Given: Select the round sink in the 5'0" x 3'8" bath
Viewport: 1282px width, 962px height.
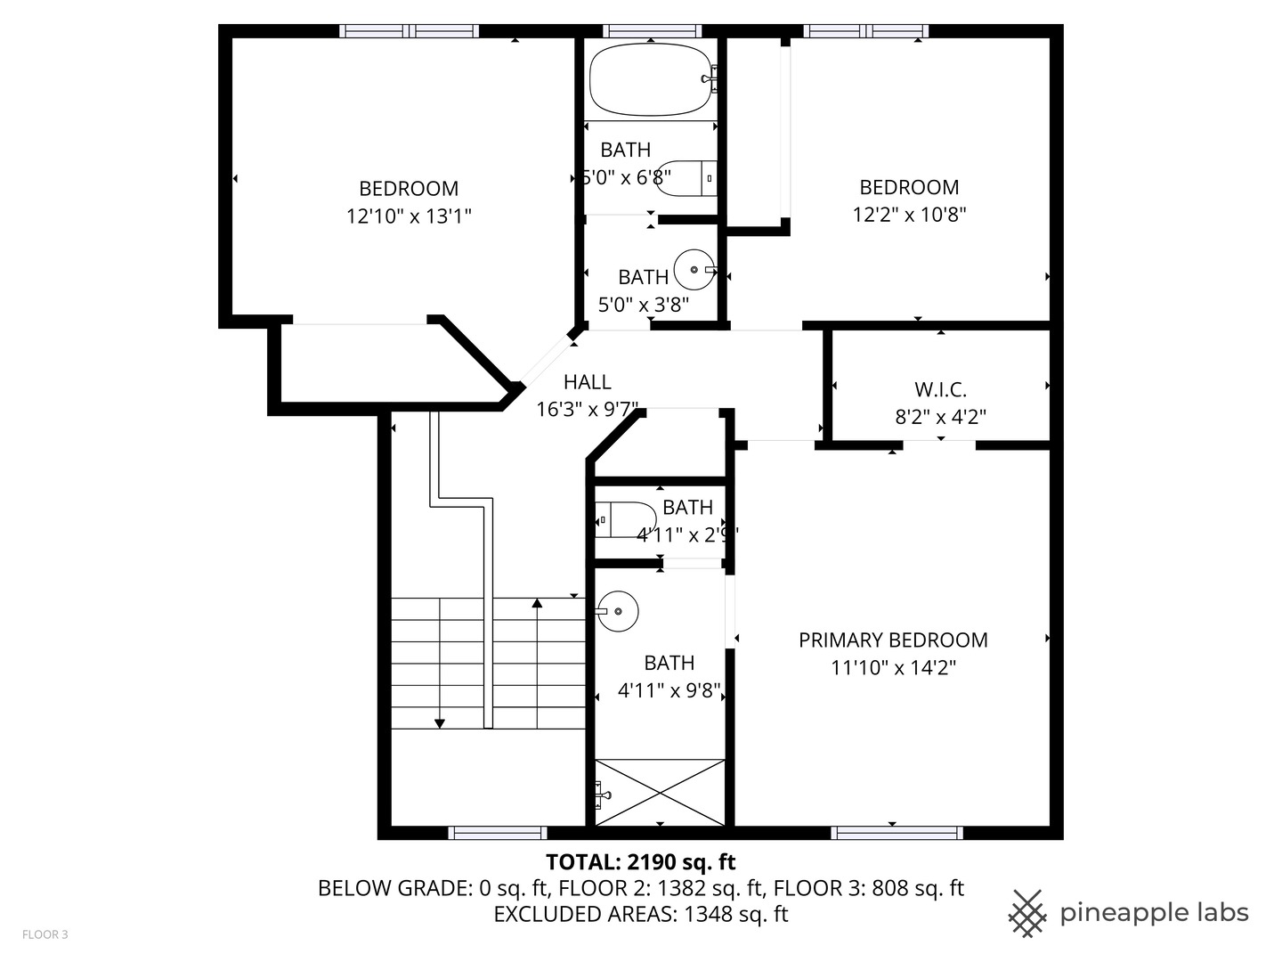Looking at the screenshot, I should pos(694,269).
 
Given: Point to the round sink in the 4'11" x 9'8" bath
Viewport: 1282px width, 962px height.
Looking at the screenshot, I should pos(618,611).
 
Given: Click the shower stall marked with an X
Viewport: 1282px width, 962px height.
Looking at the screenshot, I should pos(660,792).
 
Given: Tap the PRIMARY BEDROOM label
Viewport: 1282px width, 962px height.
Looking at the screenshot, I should pos(893,640).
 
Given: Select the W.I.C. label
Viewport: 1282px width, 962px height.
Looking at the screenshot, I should pos(940,389).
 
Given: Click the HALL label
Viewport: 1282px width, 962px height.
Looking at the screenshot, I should pos(587,382).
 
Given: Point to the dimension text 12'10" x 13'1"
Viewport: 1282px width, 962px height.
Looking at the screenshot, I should pos(409,216).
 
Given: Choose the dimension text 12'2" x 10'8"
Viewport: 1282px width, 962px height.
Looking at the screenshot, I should pos(909,214).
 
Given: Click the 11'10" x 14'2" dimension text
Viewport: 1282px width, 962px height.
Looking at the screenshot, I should pos(893,667).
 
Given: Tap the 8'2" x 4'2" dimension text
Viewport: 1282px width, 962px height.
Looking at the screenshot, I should pos(940,416).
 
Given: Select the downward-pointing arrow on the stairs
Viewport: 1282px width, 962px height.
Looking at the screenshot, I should pos(439,722).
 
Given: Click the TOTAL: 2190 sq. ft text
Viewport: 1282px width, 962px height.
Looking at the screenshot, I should pos(640,861).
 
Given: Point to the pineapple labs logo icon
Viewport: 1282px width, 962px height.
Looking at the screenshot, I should pos(1026,913).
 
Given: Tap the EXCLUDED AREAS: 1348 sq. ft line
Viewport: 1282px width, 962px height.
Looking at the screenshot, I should pos(640,914).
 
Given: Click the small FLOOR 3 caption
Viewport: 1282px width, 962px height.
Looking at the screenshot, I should pos(45,934).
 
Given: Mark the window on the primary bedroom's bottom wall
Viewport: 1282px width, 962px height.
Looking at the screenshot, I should pos(897,833).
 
